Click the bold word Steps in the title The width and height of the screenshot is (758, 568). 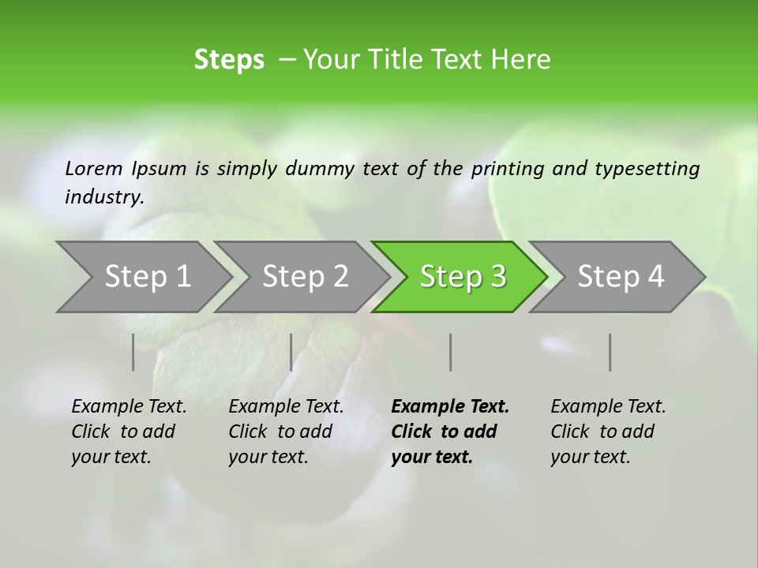click(229, 60)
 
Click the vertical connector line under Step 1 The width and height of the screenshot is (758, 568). click(133, 352)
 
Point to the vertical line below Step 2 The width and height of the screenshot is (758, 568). click(291, 352)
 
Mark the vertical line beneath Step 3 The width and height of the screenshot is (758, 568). click(451, 352)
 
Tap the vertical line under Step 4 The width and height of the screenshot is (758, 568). click(610, 352)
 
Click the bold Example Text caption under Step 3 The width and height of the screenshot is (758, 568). click(450, 432)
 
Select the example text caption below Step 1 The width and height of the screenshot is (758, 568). click(129, 432)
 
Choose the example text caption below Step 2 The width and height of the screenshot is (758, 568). click(286, 432)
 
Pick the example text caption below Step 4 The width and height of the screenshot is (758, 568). click(608, 432)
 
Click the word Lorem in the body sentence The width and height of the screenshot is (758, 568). click(94, 168)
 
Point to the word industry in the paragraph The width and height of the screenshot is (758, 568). click(104, 197)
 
